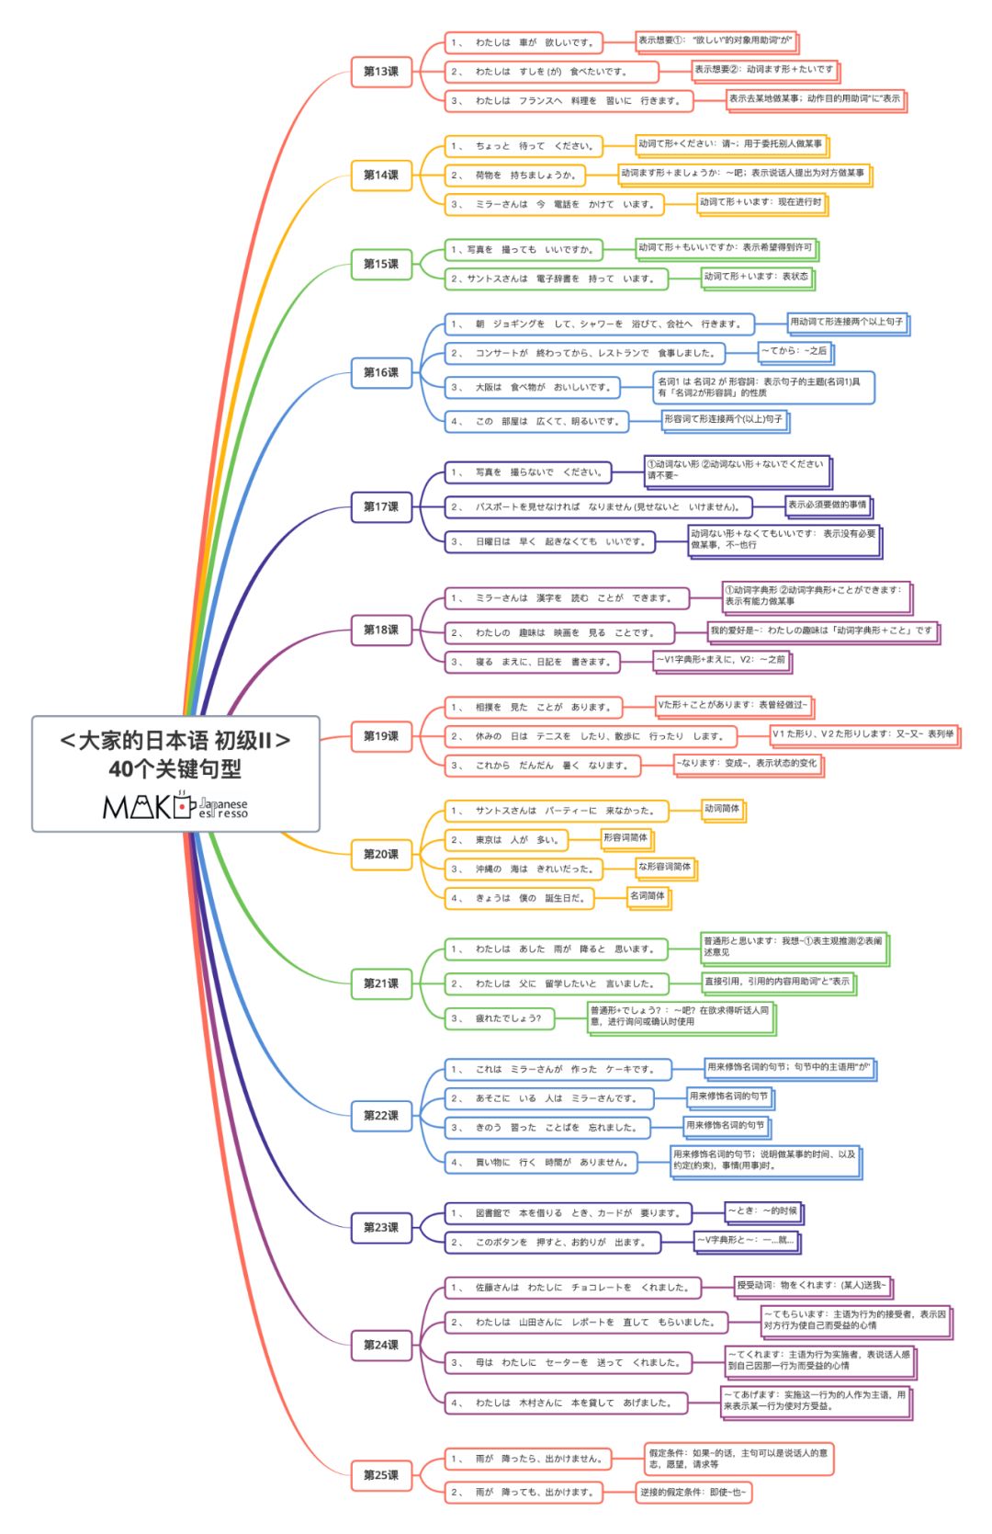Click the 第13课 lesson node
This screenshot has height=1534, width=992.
(x=381, y=72)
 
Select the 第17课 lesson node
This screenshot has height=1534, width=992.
(x=381, y=506)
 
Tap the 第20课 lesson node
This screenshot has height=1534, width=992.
(x=381, y=854)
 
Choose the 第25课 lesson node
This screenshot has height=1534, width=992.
(x=381, y=1474)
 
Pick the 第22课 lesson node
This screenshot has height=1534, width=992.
(x=381, y=1115)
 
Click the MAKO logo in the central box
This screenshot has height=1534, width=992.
(x=175, y=806)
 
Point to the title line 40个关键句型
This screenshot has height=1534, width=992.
(x=175, y=769)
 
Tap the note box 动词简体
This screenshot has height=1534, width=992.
(x=722, y=809)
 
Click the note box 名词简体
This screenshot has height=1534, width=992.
(x=648, y=895)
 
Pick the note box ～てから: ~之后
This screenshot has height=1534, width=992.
(x=794, y=350)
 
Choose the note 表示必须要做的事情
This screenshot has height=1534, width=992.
(x=827, y=505)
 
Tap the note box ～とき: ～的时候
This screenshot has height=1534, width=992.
(x=762, y=1210)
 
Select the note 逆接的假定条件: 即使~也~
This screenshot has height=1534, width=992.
(x=693, y=1492)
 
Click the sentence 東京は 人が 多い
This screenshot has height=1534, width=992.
(x=507, y=840)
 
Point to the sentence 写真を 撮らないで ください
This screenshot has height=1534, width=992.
(x=528, y=472)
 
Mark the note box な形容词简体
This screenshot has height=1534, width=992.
(x=664, y=867)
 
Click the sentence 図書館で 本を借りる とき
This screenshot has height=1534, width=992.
(x=568, y=1213)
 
